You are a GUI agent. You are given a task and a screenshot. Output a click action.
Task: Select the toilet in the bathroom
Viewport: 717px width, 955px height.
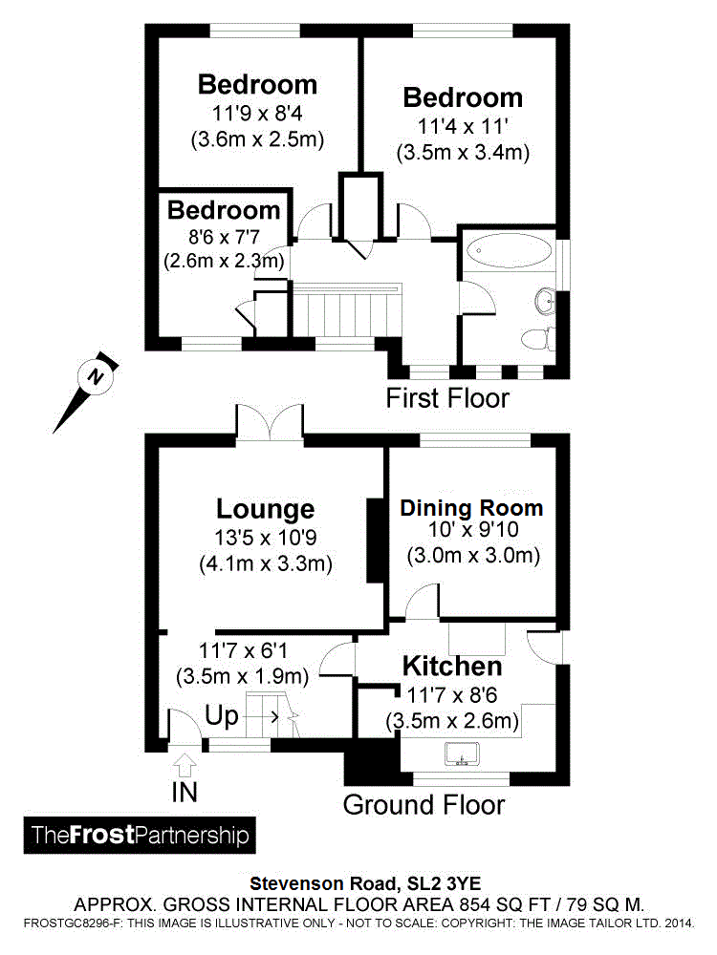pyautogui.click(x=534, y=337)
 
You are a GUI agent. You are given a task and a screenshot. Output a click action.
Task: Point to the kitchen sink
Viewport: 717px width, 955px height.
pyautogui.click(x=462, y=755)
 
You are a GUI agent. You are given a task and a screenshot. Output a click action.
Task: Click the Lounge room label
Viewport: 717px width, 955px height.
pyautogui.click(x=265, y=509)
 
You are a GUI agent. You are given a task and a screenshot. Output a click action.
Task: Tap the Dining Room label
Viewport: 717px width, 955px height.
pyautogui.click(x=471, y=508)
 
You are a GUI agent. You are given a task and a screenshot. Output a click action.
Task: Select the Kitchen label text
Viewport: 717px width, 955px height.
pyautogui.click(x=451, y=666)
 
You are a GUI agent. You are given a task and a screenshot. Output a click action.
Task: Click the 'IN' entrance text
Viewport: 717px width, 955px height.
pyautogui.click(x=186, y=792)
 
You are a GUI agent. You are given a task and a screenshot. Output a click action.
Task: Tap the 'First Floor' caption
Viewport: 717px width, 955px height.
pyautogui.click(x=447, y=397)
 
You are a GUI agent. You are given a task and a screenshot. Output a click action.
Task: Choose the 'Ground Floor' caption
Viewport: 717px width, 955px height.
pyautogui.click(x=424, y=804)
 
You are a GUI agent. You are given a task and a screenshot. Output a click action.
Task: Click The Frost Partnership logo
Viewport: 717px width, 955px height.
pyautogui.click(x=140, y=836)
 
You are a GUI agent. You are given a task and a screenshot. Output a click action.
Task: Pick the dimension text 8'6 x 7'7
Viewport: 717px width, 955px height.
pyautogui.click(x=224, y=235)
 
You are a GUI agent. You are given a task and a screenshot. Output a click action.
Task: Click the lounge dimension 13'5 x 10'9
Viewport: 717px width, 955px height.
pyautogui.click(x=265, y=538)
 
